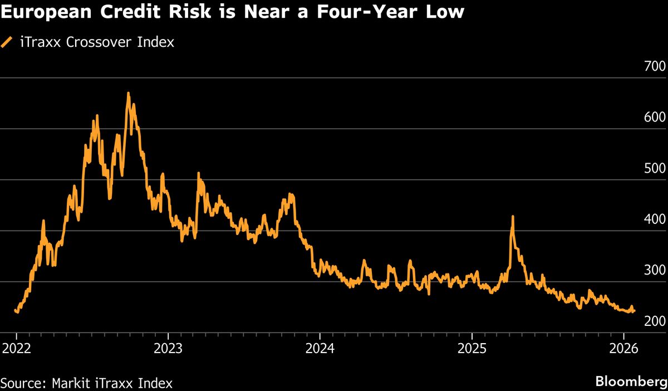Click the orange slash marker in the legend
pos(7,42)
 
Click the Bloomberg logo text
pos(631,382)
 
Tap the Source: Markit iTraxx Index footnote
pos(86,383)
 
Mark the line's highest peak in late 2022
pos(128,93)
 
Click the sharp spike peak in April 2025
pos(512,216)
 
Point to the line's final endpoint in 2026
pos(634,311)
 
